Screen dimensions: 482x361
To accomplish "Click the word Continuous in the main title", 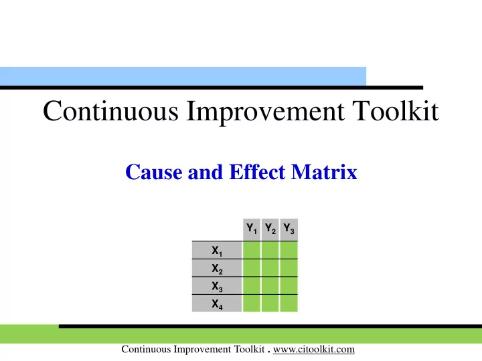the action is pos(110,111).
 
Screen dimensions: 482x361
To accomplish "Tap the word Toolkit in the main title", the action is pos(396,111).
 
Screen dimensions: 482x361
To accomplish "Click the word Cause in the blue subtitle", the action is pos(154,172).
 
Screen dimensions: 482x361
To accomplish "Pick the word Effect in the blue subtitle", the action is pos(257,172).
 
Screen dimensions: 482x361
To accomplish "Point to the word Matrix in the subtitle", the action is pos(324,172).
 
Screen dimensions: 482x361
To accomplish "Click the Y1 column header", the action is pos(252,229).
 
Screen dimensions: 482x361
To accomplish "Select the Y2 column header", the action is pos(270,229).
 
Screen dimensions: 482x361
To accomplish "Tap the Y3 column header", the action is pos(289,229).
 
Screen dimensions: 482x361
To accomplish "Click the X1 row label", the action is pos(217,250).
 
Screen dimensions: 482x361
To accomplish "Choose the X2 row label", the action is pos(217,268).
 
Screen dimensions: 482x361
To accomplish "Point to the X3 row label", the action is pos(217,286).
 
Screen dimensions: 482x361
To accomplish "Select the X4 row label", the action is pos(217,304).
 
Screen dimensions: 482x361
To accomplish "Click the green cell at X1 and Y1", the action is pos(252,250).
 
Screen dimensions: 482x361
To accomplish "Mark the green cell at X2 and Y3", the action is pos(289,268).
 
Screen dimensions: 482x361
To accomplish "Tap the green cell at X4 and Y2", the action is pos(270,304).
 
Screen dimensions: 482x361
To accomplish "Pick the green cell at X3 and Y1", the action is pos(252,286).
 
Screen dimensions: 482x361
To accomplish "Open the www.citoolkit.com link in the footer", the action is pos(314,350).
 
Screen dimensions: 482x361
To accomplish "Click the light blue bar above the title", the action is pos(183,76).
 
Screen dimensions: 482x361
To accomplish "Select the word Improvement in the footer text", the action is pos(202,350).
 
